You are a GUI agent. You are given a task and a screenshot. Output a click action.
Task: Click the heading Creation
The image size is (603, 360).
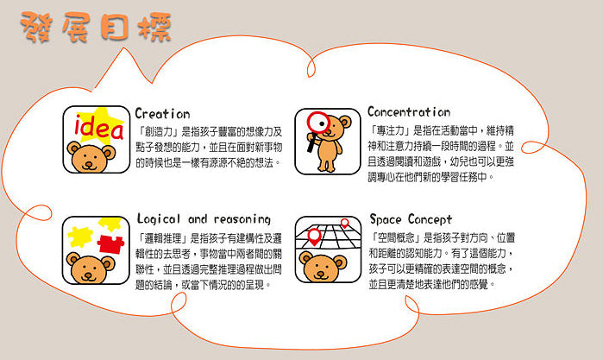pos(162,114)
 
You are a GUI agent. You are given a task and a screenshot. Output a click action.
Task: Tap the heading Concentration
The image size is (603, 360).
pos(409,112)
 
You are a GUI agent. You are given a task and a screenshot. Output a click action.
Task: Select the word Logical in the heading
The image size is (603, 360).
pos(159,219)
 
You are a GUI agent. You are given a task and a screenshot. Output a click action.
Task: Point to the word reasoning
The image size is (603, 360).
pos(242,219)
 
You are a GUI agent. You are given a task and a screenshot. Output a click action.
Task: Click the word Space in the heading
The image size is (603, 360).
pos(386,219)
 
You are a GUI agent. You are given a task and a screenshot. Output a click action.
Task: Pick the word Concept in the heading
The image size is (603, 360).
pos(430,219)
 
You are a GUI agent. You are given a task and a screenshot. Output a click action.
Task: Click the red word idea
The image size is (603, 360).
pos(98,128)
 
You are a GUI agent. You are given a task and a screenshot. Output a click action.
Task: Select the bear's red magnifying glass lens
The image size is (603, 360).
pos(318,123)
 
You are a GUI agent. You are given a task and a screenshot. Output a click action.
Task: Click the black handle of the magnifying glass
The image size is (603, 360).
pos(311,143)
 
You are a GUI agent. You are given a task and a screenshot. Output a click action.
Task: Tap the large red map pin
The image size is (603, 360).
pos(315,237)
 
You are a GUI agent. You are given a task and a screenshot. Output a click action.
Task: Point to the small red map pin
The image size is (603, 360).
pos(345,223)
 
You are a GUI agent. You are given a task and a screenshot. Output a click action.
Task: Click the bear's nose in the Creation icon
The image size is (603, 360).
pos(89,164)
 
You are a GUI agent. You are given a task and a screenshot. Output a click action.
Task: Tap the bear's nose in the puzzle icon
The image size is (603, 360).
pos(89,275)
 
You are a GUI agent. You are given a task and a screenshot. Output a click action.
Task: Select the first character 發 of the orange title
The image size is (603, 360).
pos(36,26)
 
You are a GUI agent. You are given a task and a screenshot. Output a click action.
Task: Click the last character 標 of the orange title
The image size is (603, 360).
pos(155,28)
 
